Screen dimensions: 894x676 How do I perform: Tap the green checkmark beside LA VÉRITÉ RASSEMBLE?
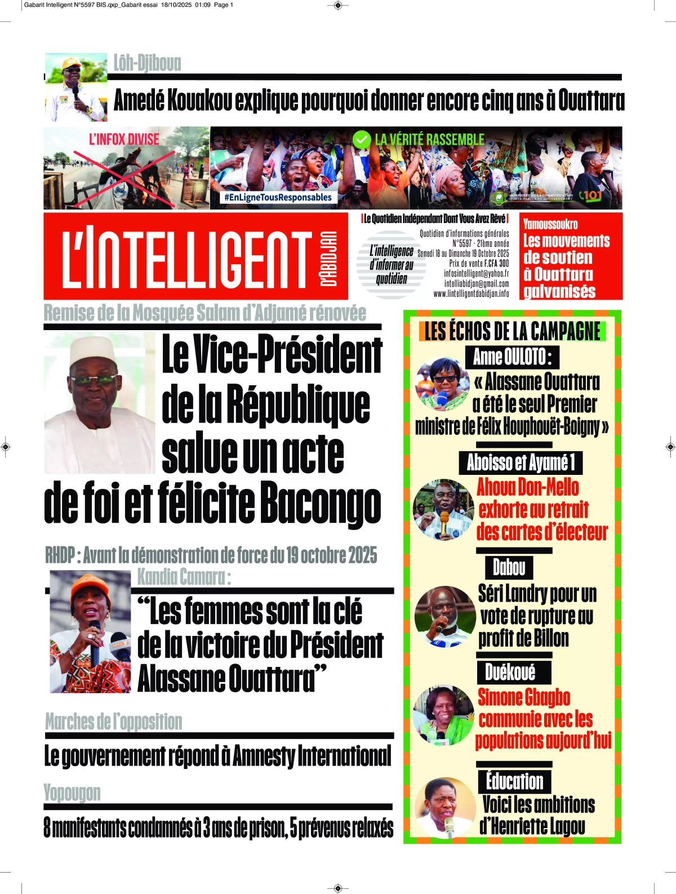click(361, 139)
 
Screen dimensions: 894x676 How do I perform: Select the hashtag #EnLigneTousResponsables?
click(278, 197)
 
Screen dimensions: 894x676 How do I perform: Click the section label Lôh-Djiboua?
click(147, 63)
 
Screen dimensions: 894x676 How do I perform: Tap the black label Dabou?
click(509, 567)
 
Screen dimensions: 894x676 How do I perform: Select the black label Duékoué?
click(510, 672)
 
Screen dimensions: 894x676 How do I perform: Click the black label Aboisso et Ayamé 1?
click(521, 462)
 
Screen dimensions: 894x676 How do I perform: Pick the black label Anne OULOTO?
click(512, 357)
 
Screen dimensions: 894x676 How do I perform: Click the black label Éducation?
click(514, 781)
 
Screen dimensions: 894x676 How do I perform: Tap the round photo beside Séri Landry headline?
click(444, 616)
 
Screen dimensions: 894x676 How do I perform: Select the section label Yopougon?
click(72, 793)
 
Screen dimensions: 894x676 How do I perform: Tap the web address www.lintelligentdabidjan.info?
click(471, 293)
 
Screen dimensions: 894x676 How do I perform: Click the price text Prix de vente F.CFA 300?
click(479, 263)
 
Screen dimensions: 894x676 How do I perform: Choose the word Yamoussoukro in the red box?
click(550, 224)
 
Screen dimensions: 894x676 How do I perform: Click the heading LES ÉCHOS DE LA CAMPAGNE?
click(512, 331)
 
